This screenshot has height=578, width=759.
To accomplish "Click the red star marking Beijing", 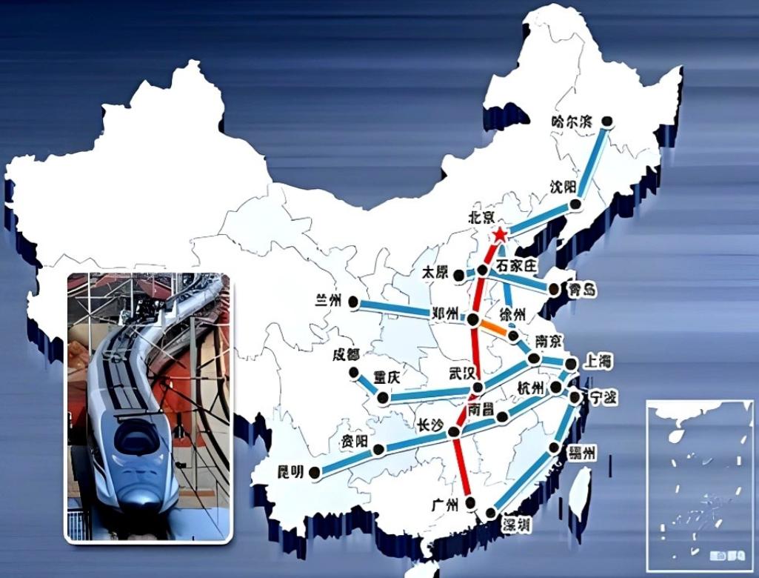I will pyautogui.click(x=500, y=235).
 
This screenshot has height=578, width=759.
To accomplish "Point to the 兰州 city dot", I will pyautogui.click(x=354, y=302).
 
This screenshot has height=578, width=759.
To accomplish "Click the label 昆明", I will pyautogui.click(x=290, y=471).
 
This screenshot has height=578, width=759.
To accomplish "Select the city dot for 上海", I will pyautogui.click(x=571, y=364).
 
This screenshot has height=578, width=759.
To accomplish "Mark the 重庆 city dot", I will pyautogui.click(x=383, y=398).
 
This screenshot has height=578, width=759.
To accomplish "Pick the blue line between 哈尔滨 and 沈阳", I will pyautogui.click(x=593, y=162).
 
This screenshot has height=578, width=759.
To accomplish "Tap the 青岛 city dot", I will pyautogui.click(x=551, y=290).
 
